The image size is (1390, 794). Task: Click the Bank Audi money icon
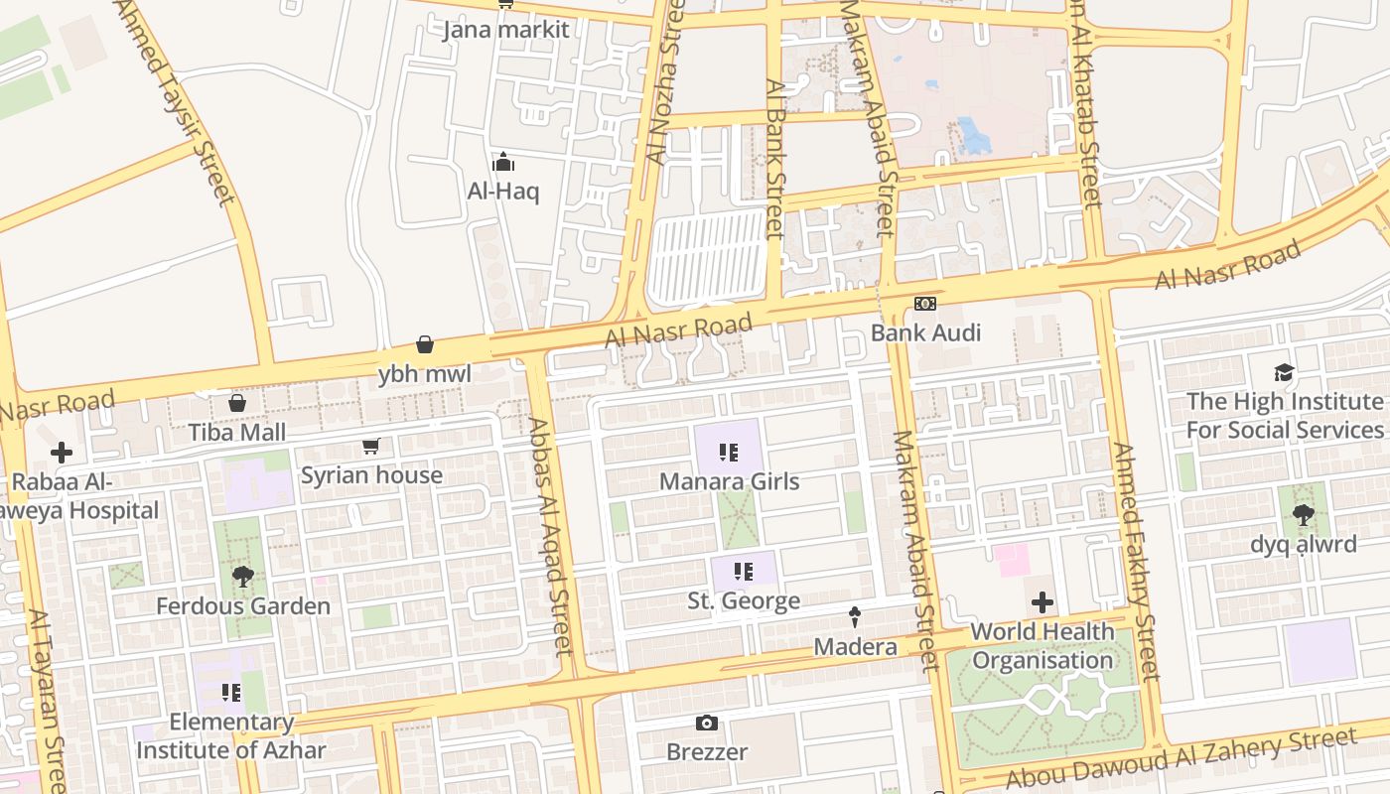click(x=924, y=303)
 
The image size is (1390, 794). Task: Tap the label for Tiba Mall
click(x=237, y=432)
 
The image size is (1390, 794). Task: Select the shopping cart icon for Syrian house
click(x=371, y=447)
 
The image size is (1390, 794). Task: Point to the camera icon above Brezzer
click(x=707, y=723)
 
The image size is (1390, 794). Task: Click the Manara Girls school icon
click(x=729, y=453)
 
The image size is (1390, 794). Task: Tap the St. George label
click(x=744, y=600)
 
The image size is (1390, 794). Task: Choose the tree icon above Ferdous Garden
click(x=242, y=576)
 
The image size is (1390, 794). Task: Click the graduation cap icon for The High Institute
click(x=1284, y=373)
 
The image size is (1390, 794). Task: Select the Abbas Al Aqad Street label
click(x=549, y=536)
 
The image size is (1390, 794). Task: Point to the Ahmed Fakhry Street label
click(x=1134, y=561)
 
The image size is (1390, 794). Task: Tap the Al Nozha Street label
click(x=664, y=84)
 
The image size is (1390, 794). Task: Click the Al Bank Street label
click(x=773, y=159)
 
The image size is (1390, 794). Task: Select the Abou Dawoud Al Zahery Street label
click(x=1181, y=758)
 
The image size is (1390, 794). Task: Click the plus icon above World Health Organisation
click(x=1042, y=602)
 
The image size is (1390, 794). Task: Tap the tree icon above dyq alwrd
click(x=1303, y=515)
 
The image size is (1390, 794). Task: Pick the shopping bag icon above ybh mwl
click(x=425, y=344)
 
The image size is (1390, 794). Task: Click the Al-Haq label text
click(x=503, y=191)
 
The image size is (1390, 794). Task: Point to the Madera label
click(x=855, y=647)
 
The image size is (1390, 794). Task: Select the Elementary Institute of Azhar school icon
click(x=231, y=692)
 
